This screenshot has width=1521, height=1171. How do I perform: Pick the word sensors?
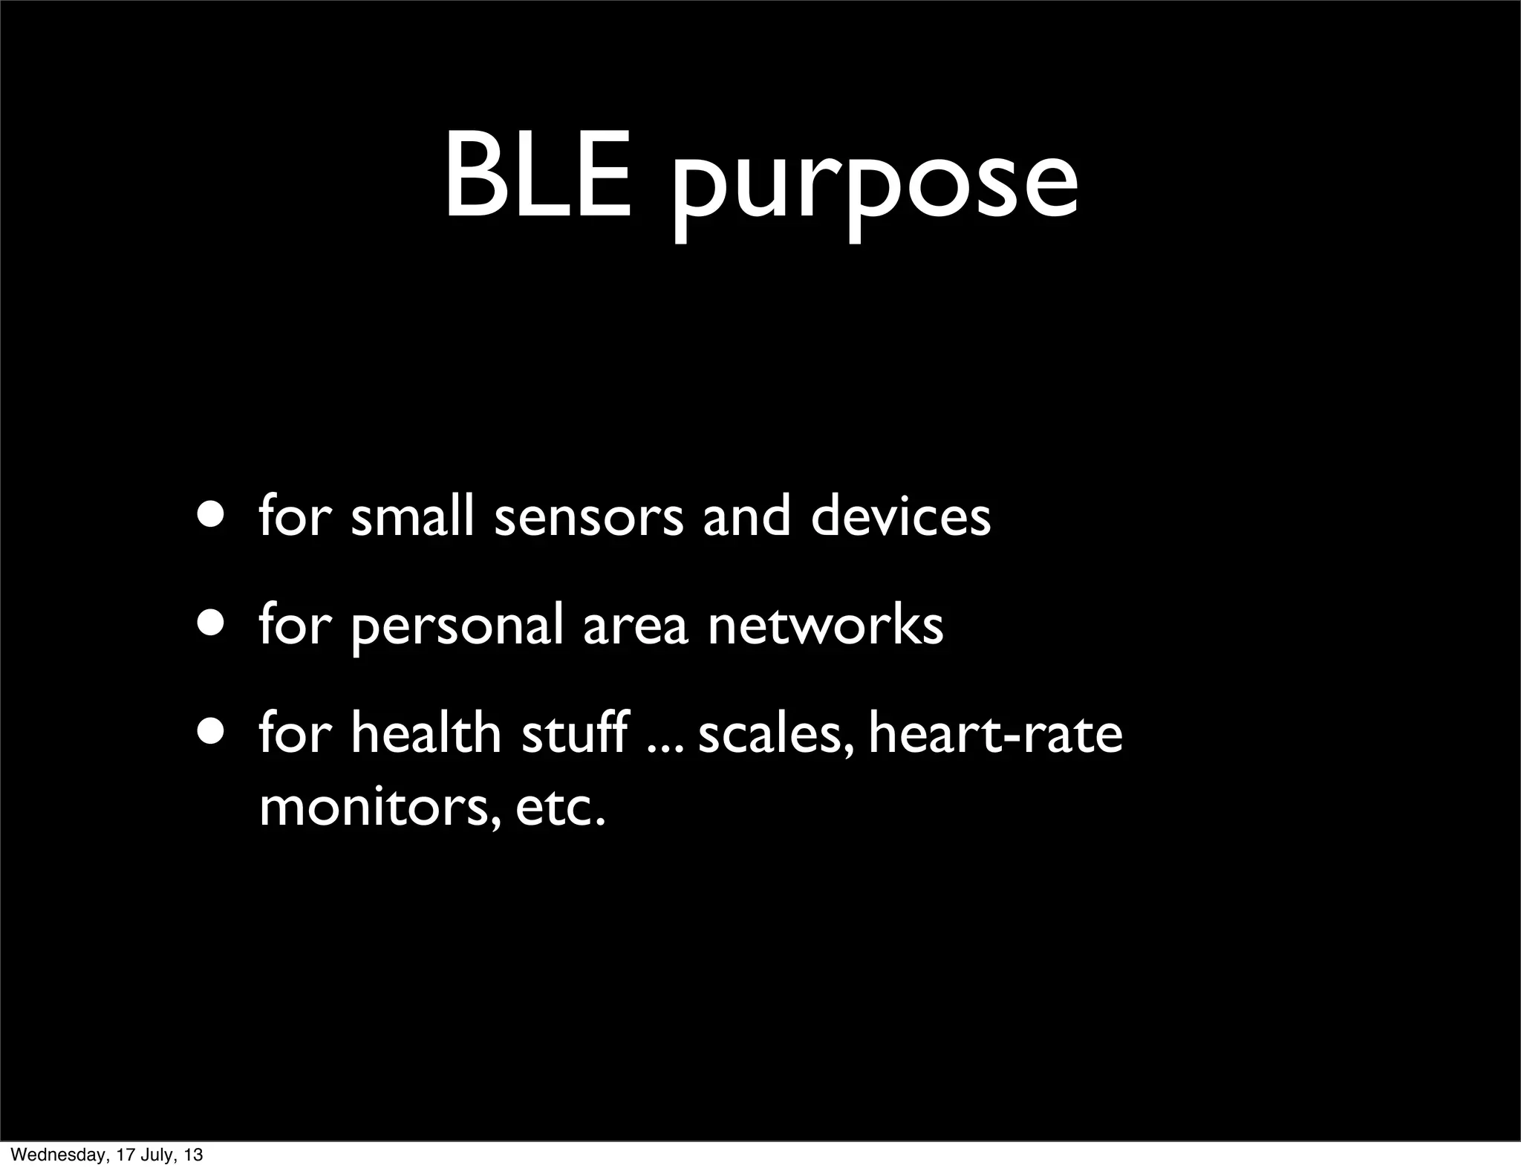tap(588, 519)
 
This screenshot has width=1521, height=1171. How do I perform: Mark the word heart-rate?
tap(995, 734)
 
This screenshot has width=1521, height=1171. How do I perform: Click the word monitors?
tap(379, 808)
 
